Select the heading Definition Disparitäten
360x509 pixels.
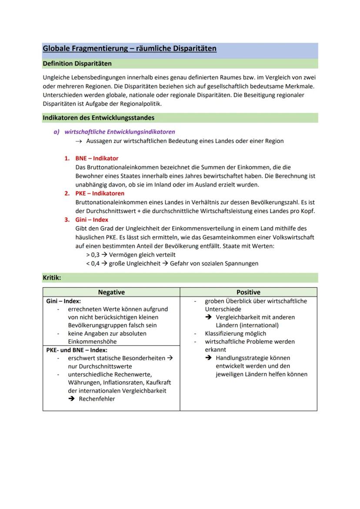(77, 63)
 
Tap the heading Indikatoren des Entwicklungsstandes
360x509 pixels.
(98, 118)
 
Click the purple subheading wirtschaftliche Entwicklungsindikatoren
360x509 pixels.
(120, 131)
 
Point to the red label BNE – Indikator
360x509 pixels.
(97, 158)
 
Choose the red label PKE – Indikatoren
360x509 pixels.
(100, 193)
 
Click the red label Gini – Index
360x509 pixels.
(92, 220)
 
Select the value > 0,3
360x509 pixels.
(93, 255)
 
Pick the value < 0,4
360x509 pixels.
(93, 263)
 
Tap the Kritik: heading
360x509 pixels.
(52, 277)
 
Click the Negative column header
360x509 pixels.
(111, 292)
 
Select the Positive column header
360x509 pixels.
(248, 292)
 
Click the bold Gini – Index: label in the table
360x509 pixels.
(63, 301)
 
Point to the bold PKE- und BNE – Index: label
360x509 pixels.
(77, 349)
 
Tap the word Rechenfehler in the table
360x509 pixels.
(97, 399)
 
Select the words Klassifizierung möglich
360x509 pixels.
(235, 333)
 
